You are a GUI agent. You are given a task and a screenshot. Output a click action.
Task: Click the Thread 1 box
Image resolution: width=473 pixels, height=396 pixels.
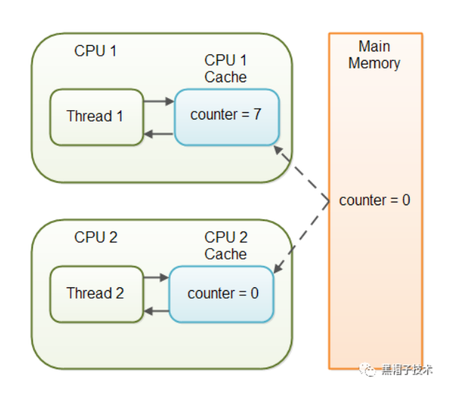[96, 117]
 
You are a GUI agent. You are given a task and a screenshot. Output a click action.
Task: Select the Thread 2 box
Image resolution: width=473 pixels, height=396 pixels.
[96, 294]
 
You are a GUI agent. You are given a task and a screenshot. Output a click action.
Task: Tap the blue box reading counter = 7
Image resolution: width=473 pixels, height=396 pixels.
[226, 117]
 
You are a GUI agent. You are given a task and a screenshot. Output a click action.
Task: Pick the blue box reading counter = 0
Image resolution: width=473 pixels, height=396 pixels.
[221, 294]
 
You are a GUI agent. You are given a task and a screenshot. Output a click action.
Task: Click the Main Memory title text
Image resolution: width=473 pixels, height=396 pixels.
[374, 55]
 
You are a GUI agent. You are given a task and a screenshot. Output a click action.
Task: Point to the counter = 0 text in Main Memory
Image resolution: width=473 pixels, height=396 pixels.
[374, 200]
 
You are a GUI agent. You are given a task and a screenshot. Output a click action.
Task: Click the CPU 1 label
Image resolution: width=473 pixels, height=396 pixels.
[95, 51]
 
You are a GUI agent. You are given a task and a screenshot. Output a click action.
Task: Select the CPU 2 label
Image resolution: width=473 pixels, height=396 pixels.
[95, 237]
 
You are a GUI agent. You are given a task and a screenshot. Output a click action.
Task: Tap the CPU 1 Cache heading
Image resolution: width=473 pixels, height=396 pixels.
[225, 69]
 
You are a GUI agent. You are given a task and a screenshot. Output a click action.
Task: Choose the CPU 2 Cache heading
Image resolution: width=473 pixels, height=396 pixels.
[225, 246]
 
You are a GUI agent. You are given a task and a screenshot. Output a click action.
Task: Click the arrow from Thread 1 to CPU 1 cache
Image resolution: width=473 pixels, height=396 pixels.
[159, 102]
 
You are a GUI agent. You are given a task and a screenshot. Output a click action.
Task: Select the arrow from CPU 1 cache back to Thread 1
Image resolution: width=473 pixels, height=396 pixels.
[159, 134]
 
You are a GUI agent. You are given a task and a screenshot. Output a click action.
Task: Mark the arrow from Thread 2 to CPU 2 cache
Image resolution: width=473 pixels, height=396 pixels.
[156, 277]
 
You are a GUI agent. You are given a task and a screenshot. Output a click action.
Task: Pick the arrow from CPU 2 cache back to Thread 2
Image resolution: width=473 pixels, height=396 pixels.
[156, 311]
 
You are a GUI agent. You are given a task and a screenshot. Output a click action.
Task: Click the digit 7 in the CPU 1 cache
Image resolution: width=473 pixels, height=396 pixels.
[257, 114]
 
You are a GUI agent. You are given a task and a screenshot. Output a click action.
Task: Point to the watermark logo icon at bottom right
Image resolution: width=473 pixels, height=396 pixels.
[368, 370]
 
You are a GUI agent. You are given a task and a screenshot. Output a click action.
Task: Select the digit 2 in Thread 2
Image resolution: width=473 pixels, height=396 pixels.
[119, 293]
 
